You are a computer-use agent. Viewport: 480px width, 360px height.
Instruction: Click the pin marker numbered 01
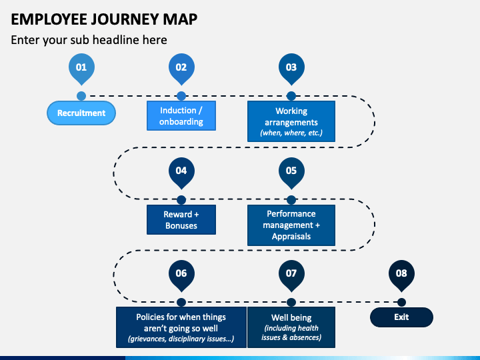tap(81, 69)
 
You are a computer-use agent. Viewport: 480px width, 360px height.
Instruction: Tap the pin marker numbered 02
tap(181, 69)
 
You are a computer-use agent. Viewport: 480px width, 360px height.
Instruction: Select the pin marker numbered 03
tap(291, 69)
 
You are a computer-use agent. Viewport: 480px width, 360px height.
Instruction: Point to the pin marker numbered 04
tap(181, 173)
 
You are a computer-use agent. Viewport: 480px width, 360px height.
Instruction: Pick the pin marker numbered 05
tap(291, 173)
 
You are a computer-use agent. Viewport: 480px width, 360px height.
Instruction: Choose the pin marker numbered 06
tap(181, 275)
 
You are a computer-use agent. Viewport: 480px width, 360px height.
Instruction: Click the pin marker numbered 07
tap(291, 275)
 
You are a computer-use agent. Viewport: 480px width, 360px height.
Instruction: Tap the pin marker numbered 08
tap(401, 275)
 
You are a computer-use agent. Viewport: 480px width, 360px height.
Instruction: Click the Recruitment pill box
tap(81, 113)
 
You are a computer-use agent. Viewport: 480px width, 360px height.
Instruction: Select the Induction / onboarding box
tap(181, 116)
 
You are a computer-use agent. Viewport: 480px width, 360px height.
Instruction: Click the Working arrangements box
tap(291, 121)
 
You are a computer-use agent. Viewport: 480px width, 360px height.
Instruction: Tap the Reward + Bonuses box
tap(181, 220)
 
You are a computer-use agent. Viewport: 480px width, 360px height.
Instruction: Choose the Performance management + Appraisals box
tap(291, 225)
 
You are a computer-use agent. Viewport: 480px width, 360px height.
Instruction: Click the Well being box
tap(291, 327)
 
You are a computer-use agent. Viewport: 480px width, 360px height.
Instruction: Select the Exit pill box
tap(401, 317)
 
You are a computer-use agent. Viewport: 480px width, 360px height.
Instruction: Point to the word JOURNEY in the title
tap(125, 19)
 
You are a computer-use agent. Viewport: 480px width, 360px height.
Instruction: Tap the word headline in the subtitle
tap(116, 40)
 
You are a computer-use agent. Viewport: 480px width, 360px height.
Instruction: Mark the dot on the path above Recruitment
tap(81, 96)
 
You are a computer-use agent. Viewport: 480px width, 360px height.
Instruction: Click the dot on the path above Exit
tap(401, 302)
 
